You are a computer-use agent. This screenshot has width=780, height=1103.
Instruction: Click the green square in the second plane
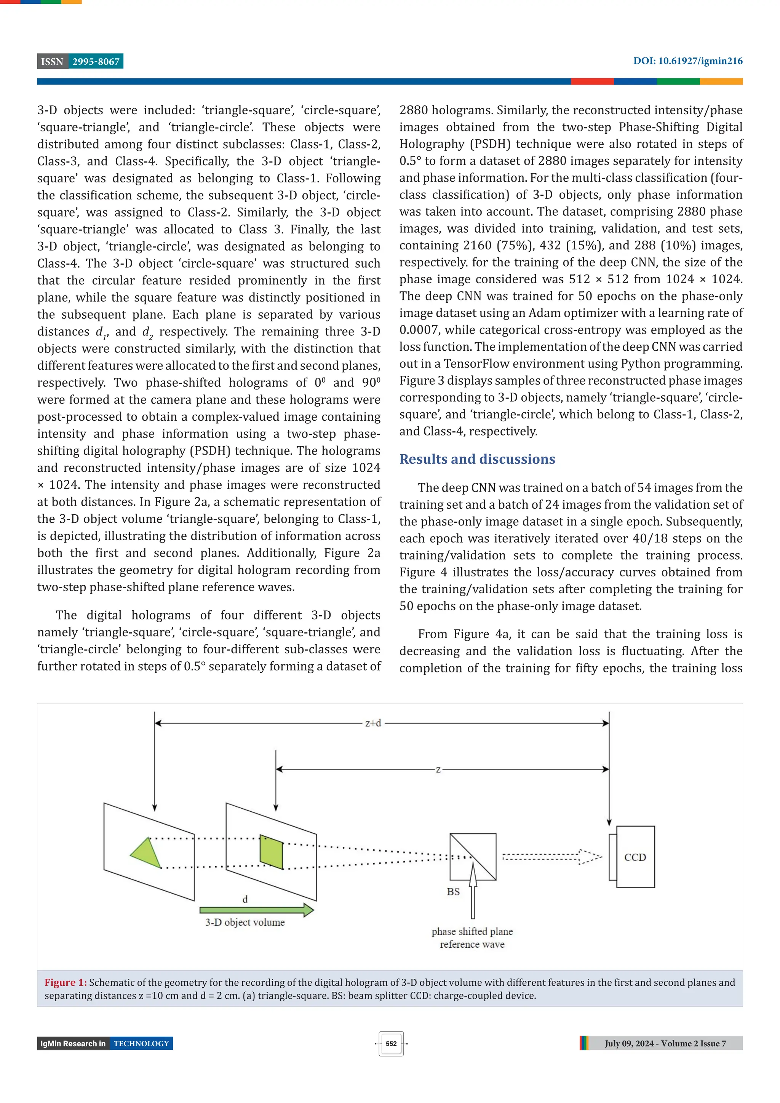(271, 852)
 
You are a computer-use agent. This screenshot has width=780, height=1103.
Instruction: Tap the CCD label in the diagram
(635, 857)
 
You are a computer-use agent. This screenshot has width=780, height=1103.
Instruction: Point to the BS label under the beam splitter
(453, 892)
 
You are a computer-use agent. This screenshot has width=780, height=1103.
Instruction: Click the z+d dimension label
(373, 723)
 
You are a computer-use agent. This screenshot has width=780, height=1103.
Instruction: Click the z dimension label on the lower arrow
(438, 769)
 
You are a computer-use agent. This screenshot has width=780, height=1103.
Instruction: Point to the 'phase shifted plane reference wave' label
(472, 938)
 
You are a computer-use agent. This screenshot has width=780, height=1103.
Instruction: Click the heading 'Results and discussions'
(477, 459)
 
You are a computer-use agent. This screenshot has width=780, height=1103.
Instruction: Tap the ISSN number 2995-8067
(96, 62)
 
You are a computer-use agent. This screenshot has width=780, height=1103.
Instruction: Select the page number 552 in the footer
(391, 1044)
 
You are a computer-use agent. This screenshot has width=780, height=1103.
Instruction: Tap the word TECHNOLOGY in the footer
(141, 1044)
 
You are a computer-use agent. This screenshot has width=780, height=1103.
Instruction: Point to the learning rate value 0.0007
(419, 330)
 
